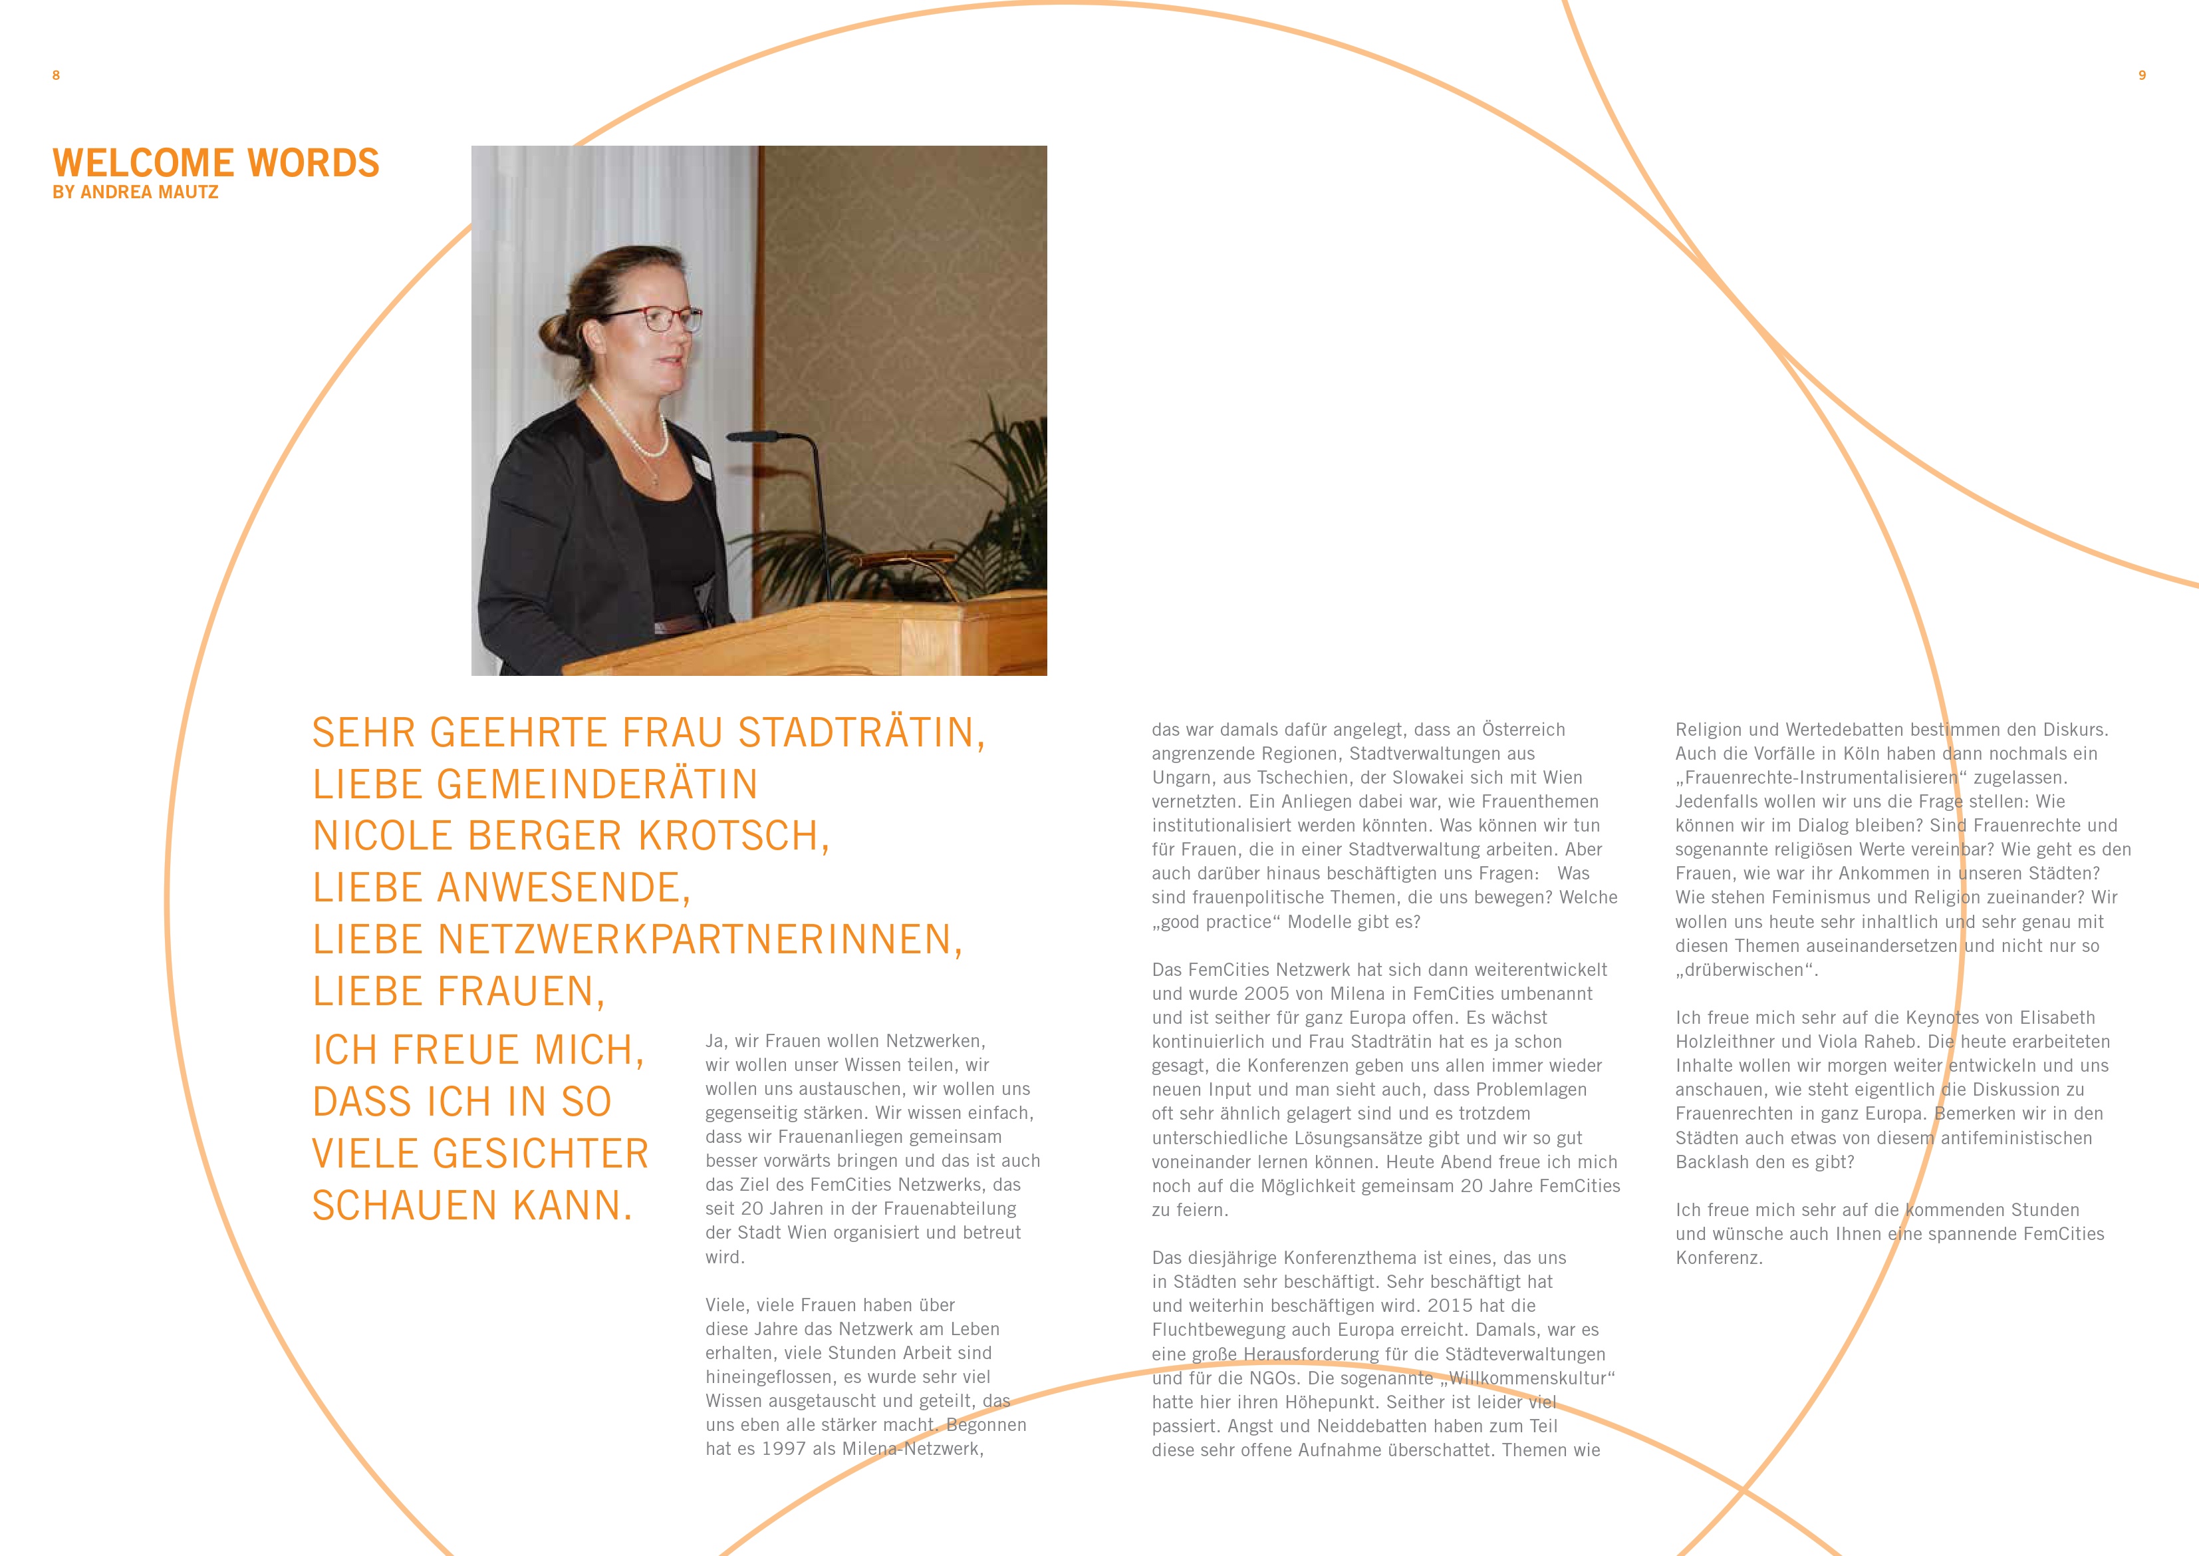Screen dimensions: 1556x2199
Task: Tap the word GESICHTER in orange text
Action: [x=541, y=1154]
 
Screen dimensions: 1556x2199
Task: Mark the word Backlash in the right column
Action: [x=1710, y=1162]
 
